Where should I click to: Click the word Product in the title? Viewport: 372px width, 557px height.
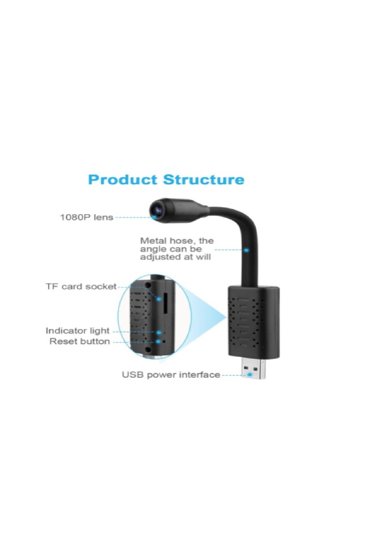[122, 180]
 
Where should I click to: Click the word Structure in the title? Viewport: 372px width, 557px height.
[204, 179]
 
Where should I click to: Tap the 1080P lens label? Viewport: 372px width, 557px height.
[86, 217]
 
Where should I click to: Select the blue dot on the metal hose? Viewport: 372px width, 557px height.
[246, 249]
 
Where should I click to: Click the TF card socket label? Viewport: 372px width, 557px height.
[81, 287]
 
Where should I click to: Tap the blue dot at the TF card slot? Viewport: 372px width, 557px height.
[159, 299]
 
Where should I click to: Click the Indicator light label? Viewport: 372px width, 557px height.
[77, 331]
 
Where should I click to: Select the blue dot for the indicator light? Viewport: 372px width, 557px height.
[159, 333]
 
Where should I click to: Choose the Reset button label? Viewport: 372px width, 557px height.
[80, 341]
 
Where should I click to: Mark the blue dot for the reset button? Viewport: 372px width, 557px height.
[159, 342]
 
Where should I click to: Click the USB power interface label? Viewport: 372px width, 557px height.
[171, 375]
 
